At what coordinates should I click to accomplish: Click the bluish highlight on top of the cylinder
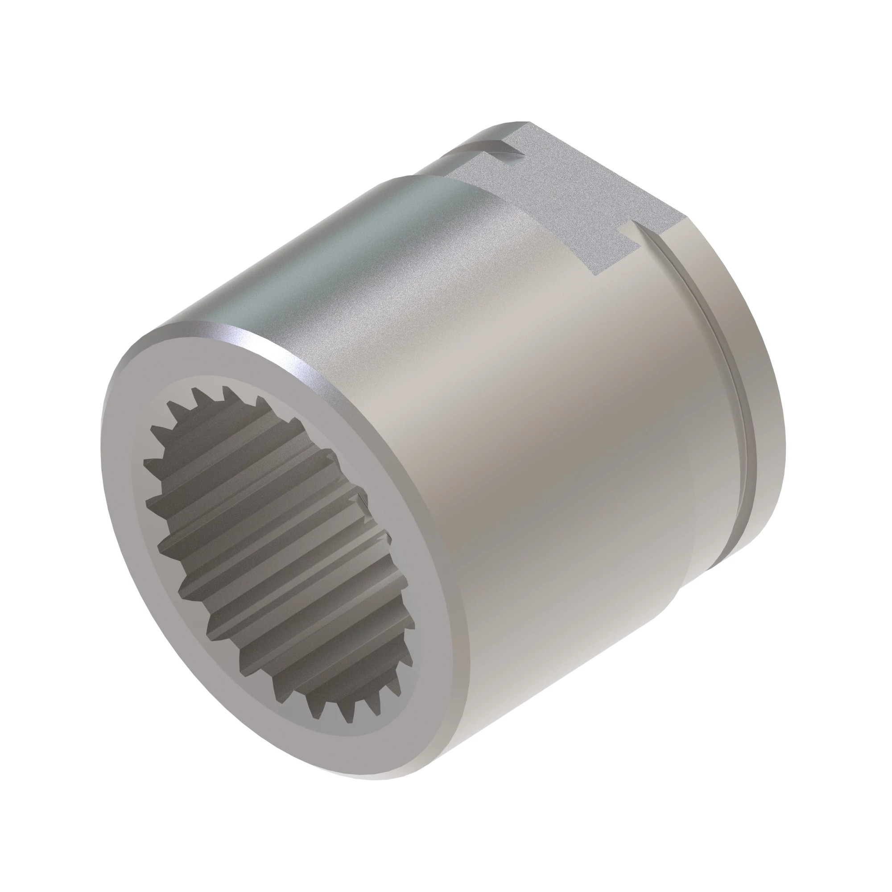(x=323, y=259)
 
